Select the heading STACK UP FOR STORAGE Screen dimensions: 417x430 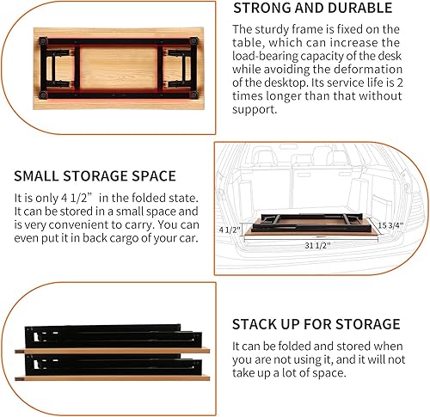tap(316, 324)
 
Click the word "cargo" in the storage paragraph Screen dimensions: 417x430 tap(120, 238)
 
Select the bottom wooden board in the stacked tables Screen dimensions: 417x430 tap(112, 380)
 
